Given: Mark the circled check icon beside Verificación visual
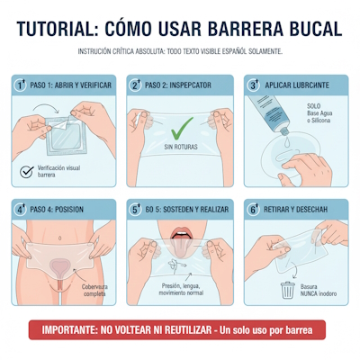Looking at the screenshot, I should click(x=25, y=170).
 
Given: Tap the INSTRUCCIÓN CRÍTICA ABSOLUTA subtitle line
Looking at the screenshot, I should click(x=180, y=51).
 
